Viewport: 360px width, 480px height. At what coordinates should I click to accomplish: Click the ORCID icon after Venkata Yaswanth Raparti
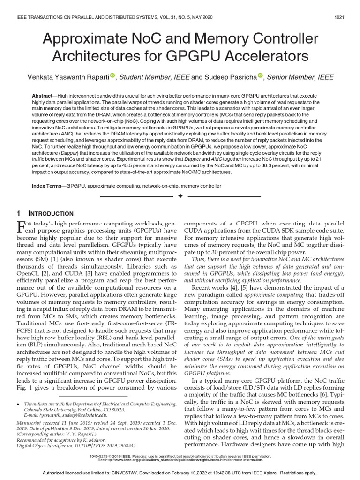click(x=112, y=76)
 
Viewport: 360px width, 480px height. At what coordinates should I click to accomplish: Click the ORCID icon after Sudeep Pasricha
click(x=261, y=76)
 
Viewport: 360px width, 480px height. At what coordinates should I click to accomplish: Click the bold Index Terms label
click(x=48, y=186)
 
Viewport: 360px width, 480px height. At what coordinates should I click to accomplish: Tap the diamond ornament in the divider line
click(x=180, y=196)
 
